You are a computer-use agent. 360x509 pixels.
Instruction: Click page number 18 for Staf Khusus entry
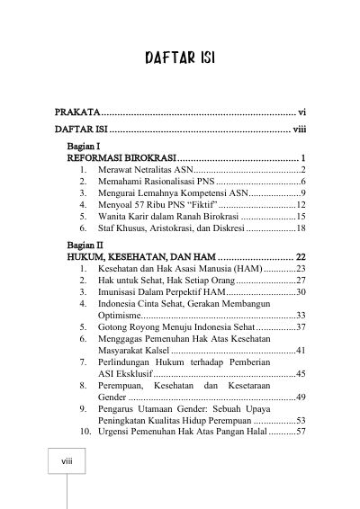point(301,229)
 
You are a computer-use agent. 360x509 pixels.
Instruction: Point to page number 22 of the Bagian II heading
point(301,256)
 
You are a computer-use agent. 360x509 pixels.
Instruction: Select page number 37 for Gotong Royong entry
point(301,327)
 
